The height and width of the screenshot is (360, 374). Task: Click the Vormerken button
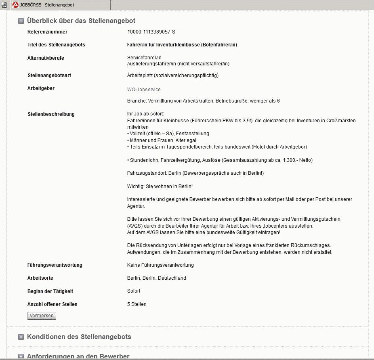point(42,316)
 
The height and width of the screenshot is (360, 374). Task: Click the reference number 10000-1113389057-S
point(151,32)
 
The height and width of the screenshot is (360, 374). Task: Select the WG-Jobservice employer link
point(144,90)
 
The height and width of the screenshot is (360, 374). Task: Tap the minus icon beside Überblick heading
point(21,21)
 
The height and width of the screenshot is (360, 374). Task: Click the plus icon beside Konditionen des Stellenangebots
point(21,337)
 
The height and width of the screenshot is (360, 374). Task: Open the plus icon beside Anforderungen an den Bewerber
point(21,356)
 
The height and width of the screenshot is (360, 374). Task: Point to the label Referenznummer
point(47,32)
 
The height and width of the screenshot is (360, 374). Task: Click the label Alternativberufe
point(46,58)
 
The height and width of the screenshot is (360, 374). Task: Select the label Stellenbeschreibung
point(51,114)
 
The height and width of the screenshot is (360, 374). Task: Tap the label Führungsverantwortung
point(55,265)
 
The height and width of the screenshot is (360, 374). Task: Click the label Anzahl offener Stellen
point(53,304)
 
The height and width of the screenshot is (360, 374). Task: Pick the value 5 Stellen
point(137,304)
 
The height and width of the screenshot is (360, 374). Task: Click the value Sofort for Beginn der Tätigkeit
point(134,291)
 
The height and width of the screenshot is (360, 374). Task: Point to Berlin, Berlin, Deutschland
point(157,278)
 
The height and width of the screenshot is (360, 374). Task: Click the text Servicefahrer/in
point(144,58)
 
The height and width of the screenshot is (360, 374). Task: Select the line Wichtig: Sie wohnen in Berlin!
point(160,186)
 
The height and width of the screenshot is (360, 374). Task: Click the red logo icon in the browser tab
point(15,5)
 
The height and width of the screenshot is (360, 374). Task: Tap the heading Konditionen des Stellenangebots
point(79,337)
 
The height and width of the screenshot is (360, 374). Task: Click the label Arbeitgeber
point(41,88)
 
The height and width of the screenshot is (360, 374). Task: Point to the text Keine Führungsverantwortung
point(160,265)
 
